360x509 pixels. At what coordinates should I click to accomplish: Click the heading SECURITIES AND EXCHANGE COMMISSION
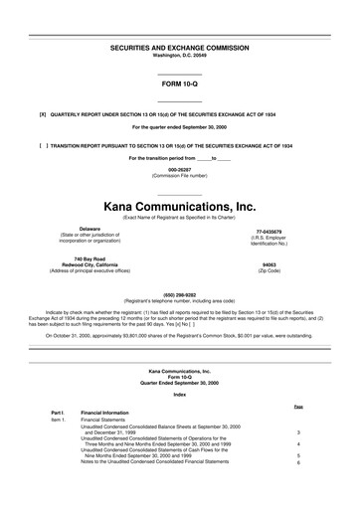click(180, 47)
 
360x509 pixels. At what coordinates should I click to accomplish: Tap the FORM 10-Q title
click(180, 84)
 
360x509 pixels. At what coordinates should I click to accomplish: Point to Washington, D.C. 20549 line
click(180, 55)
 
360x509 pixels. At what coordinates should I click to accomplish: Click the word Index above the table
click(180, 396)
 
